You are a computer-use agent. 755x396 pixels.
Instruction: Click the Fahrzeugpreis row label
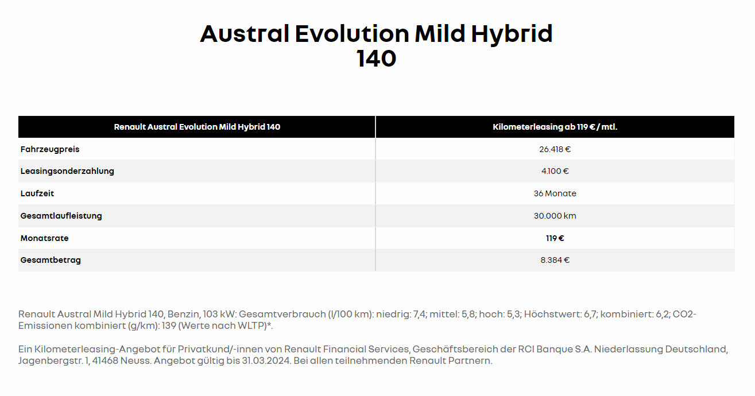click(50, 149)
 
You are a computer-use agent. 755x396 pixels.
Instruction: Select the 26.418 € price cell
click(555, 149)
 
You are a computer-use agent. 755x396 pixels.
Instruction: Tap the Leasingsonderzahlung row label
click(67, 171)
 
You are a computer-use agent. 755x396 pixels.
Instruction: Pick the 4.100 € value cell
click(555, 171)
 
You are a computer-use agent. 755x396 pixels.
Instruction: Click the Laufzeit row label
click(37, 193)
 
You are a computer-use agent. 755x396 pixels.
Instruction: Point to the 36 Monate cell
click(555, 193)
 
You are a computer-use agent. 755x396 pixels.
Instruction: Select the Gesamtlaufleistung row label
click(61, 216)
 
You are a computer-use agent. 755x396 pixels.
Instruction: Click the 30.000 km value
click(555, 216)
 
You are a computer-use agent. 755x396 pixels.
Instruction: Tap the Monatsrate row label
click(44, 238)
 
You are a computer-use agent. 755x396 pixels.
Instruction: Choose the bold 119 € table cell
click(555, 238)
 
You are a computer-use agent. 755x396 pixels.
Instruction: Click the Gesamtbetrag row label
click(51, 260)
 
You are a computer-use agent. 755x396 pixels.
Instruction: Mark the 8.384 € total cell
click(555, 260)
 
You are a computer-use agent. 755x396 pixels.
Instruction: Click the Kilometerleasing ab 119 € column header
click(555, 127)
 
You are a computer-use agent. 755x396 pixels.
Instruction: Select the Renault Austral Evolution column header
click(197, 127)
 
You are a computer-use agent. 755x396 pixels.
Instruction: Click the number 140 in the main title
click(376, 59)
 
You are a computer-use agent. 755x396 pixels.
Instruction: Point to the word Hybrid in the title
click(512, 34)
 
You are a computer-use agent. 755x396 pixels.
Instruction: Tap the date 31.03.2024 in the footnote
click(266, 360)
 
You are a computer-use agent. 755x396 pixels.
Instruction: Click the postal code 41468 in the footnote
click(105, 360)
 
